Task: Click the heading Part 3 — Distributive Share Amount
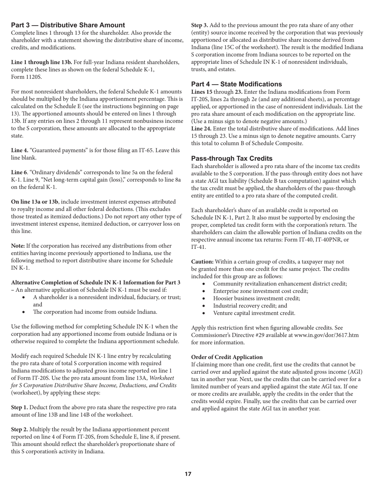(68, 25)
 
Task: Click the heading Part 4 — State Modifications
(236, 84)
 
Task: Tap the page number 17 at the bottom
(188, 474)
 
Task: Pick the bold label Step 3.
(200, 25)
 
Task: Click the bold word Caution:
(202, 262)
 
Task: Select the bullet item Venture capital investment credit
(254, 313)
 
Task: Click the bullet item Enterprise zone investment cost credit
(261, 291)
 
